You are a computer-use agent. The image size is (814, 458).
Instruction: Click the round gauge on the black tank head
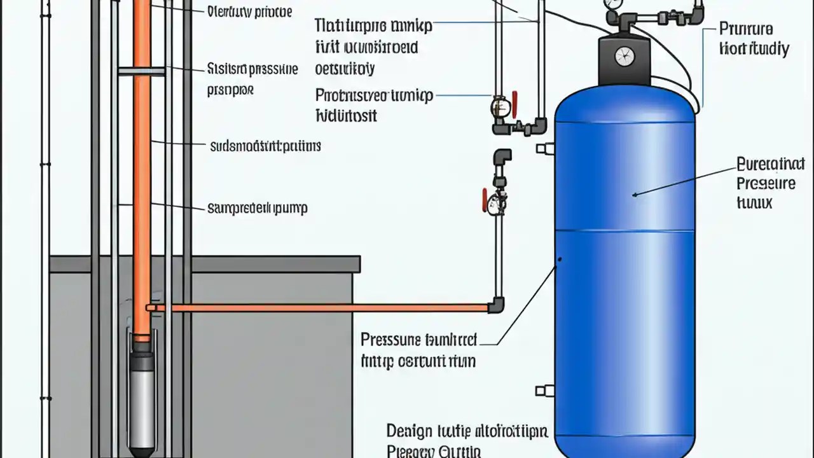(624, 56)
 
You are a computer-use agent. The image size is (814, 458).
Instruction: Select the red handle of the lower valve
(485, 199)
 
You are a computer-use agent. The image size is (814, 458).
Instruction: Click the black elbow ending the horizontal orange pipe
(497, 306)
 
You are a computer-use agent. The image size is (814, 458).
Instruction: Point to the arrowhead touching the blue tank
(635, 194)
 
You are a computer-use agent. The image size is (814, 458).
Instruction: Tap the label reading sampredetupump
(258, 208)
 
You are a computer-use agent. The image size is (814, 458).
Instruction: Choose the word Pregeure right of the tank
(766, 184)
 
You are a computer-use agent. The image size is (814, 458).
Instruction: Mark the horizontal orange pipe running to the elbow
(318, 308)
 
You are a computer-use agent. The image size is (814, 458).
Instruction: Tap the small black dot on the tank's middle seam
(560, 260)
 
